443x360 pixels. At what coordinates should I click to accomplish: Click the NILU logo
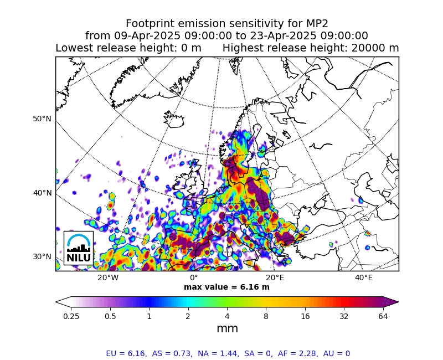click(x=79, y=248)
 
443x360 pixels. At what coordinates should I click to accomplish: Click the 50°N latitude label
click(x=42, y=119)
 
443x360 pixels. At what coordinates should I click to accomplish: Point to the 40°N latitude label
click(x=43, y=193)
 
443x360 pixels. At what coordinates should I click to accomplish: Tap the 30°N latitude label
click(x=42, y=256)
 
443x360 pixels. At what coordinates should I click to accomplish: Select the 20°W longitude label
click(x=108, y=278)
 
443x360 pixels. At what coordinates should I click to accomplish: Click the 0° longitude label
click(x=194, y=278)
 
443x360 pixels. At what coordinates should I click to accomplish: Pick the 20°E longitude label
click(x=275, y=278)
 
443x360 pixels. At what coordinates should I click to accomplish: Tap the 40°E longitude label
click(x=364, y=278)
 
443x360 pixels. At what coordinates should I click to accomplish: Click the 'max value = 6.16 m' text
click(x=226, y=287)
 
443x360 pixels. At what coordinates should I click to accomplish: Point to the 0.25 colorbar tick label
click(x=71, y=316)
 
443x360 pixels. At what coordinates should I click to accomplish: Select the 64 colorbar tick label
click(x=383, y=316)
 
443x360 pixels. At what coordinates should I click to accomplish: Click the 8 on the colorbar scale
click(x=266, y=316)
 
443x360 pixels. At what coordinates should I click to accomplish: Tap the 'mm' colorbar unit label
click(x=227, y=328)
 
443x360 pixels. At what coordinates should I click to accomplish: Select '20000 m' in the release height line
click(x=375, y=48)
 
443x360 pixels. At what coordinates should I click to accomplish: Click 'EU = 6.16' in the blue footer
click(x=126, y=353)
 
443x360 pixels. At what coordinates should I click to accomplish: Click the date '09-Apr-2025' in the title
click(x=147, y=36)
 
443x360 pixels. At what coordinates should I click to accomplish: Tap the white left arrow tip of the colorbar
click(x=56, y=302)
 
